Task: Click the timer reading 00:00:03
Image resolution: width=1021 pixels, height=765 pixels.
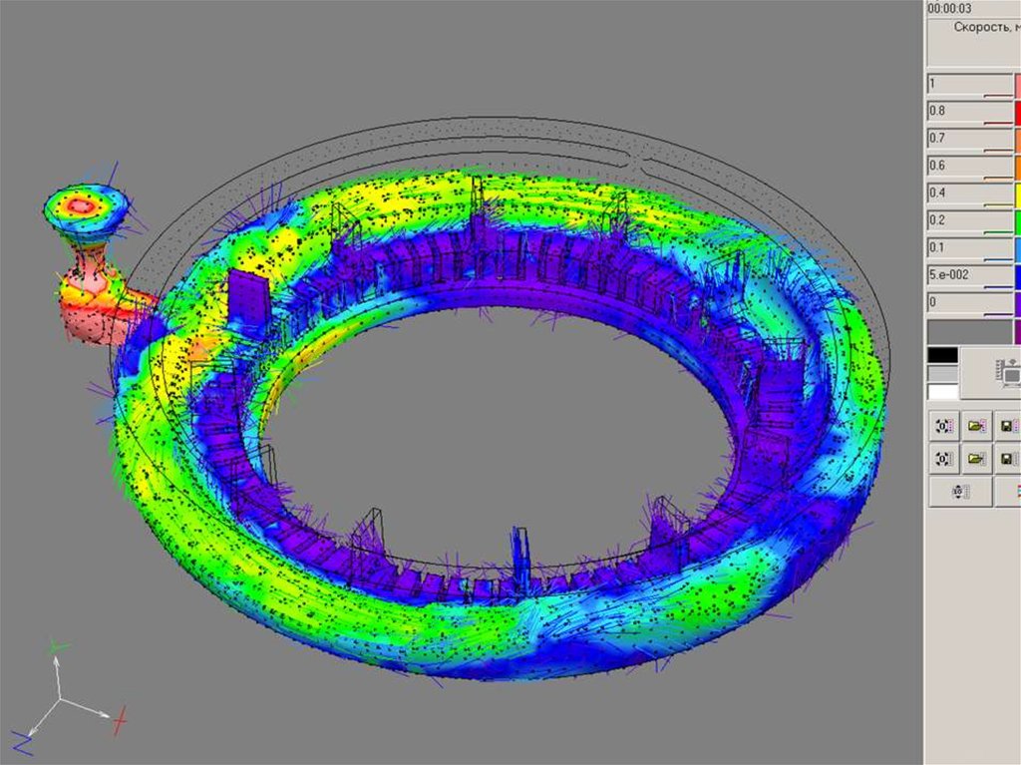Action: pyautogui.click(x=949, y=8)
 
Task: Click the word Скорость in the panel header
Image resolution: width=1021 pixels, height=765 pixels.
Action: pyautogui.click(x=981, y=27)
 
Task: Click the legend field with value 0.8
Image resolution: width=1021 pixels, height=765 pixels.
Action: pyautogui.click(x=970, y=113)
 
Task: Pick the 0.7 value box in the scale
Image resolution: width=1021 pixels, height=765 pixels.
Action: pyautogui.click(x=970, y=140)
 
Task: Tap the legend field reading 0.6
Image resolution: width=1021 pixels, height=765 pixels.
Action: pyautogui.click(x=970, y=168)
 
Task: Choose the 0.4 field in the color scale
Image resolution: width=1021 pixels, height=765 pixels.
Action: pyautogui.click(x=970, y=194)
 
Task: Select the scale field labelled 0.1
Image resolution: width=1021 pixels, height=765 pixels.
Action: pyautogui.click(x=970, y=249)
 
